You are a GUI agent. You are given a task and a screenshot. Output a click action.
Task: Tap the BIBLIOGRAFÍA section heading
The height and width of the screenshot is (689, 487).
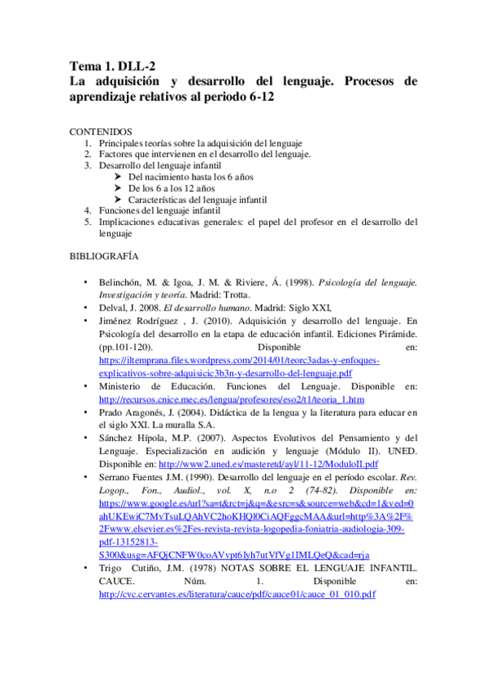pyautogui.click(x=105, y=257)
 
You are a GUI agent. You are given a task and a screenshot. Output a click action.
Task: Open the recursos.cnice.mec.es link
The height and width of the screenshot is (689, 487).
pyautogui.click(x=231, y=401)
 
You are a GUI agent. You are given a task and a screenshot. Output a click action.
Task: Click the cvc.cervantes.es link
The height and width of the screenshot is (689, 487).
pyautogui.click(x=237, y=595)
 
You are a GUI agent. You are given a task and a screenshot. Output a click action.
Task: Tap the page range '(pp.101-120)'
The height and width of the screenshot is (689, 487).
pyautogui.click(x=125, y=347)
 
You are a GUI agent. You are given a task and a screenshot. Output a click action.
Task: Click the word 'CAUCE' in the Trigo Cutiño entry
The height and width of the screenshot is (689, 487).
pyautogui.click(x=115, y=582)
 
